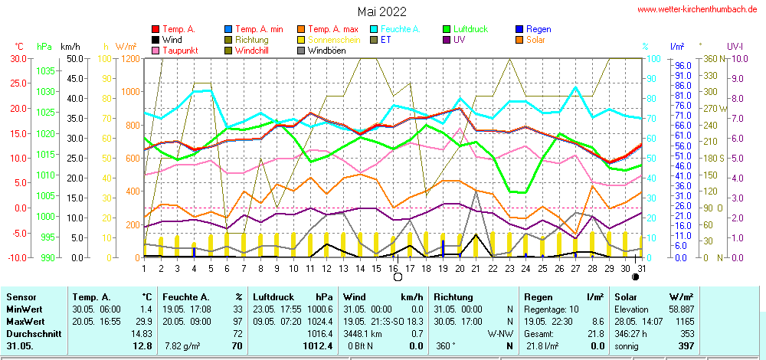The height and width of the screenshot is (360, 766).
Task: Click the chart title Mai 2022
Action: [x=382, y=11]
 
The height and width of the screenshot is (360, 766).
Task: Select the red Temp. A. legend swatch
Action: [x=156, y=29]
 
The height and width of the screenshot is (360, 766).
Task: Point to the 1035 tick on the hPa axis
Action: [x=45, y=70]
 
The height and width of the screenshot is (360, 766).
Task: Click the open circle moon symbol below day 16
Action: [x=398, y=277]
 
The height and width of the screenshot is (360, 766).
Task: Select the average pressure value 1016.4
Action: [x=320, y=334]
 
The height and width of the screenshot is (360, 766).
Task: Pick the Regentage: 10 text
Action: [x=552, y=309]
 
